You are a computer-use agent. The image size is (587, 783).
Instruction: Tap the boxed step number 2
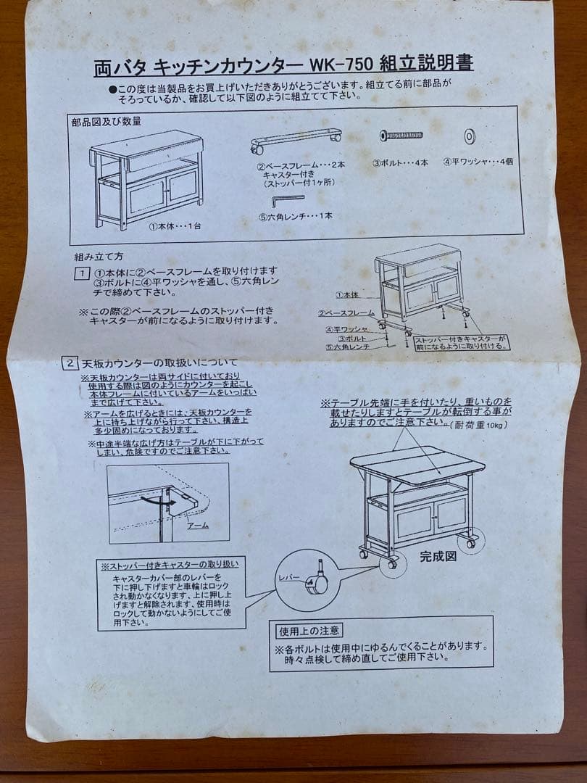[70, 362]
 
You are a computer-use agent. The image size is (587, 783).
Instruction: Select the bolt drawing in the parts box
[402, 136]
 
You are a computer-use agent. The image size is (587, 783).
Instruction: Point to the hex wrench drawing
[287, 199]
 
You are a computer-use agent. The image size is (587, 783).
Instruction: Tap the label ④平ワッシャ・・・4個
[478, 162]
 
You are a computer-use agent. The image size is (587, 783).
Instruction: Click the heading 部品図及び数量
[106, 122]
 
